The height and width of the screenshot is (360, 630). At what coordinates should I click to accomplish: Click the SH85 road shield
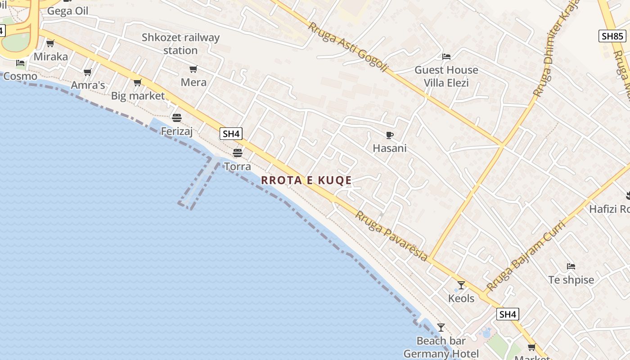pyautogui.click(x=612, y=36)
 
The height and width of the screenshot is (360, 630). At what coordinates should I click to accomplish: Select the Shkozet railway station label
pyautogui.click(x=180, y=44)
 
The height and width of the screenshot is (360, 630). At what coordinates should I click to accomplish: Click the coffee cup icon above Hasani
pyautogui.click(x=390, y=135)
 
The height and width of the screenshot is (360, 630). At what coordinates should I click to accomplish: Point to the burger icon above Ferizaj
pyautogui.click(x=177, y=118)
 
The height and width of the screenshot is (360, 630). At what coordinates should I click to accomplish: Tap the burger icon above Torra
pyautogui.click(x=238, y=153)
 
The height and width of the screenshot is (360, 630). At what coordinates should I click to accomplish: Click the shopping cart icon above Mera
pyautogui.click(x=193, y=69)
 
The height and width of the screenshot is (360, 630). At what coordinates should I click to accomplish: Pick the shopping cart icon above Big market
pyautogui.click(x=138, y=82)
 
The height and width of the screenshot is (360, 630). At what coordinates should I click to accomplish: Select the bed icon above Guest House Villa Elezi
pyautogui.click(x=446, y=57)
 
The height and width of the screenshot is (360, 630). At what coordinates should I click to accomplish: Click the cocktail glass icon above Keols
pyautogui.click(x=461, y=285)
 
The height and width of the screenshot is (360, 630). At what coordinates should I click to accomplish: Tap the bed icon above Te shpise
pyautogui.click(x=571, y=266)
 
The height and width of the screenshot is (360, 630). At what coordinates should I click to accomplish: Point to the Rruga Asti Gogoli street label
pyautogui.click(x=347, y=47)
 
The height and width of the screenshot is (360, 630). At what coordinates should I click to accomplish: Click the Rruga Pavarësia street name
pyautogui.click(x=391, y=235)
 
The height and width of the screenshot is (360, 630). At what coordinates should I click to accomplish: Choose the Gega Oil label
pyautogui.click(x=68, y=11)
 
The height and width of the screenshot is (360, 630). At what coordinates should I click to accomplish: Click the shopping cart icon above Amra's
pyautogui.click(x=88, y=72)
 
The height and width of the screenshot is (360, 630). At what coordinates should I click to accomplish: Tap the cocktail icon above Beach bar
pyautogui.click(x=441, y=327)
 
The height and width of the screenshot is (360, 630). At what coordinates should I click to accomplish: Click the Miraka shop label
pyautogui.click(x=51, y=57)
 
